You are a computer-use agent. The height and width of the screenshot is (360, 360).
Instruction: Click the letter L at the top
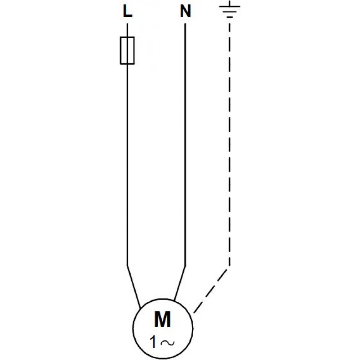click(127, 13)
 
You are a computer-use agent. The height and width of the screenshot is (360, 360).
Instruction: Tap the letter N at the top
click(185, 13)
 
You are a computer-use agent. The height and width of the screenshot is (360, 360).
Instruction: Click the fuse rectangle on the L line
click(127, 50)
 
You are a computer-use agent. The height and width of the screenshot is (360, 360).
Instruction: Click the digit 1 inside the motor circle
click(154, 343)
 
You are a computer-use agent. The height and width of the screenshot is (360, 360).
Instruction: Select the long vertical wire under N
click(185, 144)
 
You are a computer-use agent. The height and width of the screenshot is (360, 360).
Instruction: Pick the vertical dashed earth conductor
click(229, 144)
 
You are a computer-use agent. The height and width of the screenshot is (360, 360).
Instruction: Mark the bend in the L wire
click(127, 266)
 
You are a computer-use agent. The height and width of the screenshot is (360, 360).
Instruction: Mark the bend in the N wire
click(185, 266)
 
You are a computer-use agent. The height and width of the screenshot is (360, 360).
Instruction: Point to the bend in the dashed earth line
click(229, 267)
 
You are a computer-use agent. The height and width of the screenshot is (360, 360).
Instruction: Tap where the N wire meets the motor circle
click(174, 301)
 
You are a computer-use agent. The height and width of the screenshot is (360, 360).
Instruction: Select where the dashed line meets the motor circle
click(194, 313)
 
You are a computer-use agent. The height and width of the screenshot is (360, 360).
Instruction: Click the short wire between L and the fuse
click(127, 30)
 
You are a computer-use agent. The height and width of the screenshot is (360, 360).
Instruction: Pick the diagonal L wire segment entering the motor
click(134, 287)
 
